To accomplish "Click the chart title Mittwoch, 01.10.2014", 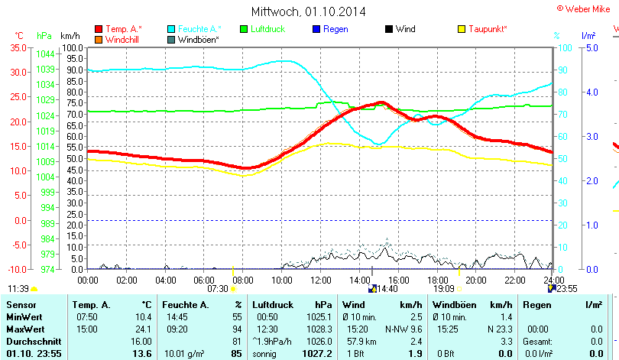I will (x=309, y=11).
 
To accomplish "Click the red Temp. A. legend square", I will (x=99, y=29).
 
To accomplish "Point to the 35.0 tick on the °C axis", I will (x=18, y=47).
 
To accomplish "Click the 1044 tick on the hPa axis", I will (x=45, y=54).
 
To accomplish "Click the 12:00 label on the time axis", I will (x=320, y=281).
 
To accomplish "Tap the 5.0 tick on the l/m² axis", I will (x=591, y=47).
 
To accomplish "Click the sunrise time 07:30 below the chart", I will (x=218, y=289).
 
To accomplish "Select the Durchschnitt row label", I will (x=30, y=342).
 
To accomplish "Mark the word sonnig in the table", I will (x=266, y=354).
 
